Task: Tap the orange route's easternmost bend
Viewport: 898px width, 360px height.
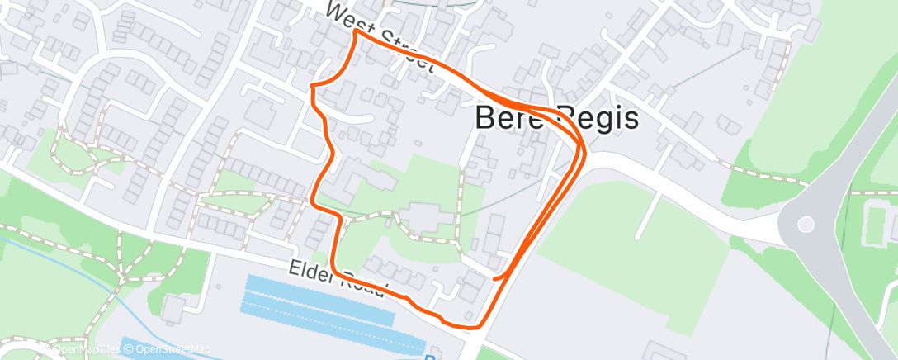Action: point(584,149)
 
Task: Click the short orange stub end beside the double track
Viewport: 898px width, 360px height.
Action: point(494,279)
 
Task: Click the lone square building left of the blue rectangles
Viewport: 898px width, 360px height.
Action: point(173,310)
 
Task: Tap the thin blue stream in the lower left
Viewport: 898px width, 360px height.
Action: point(83,272)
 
